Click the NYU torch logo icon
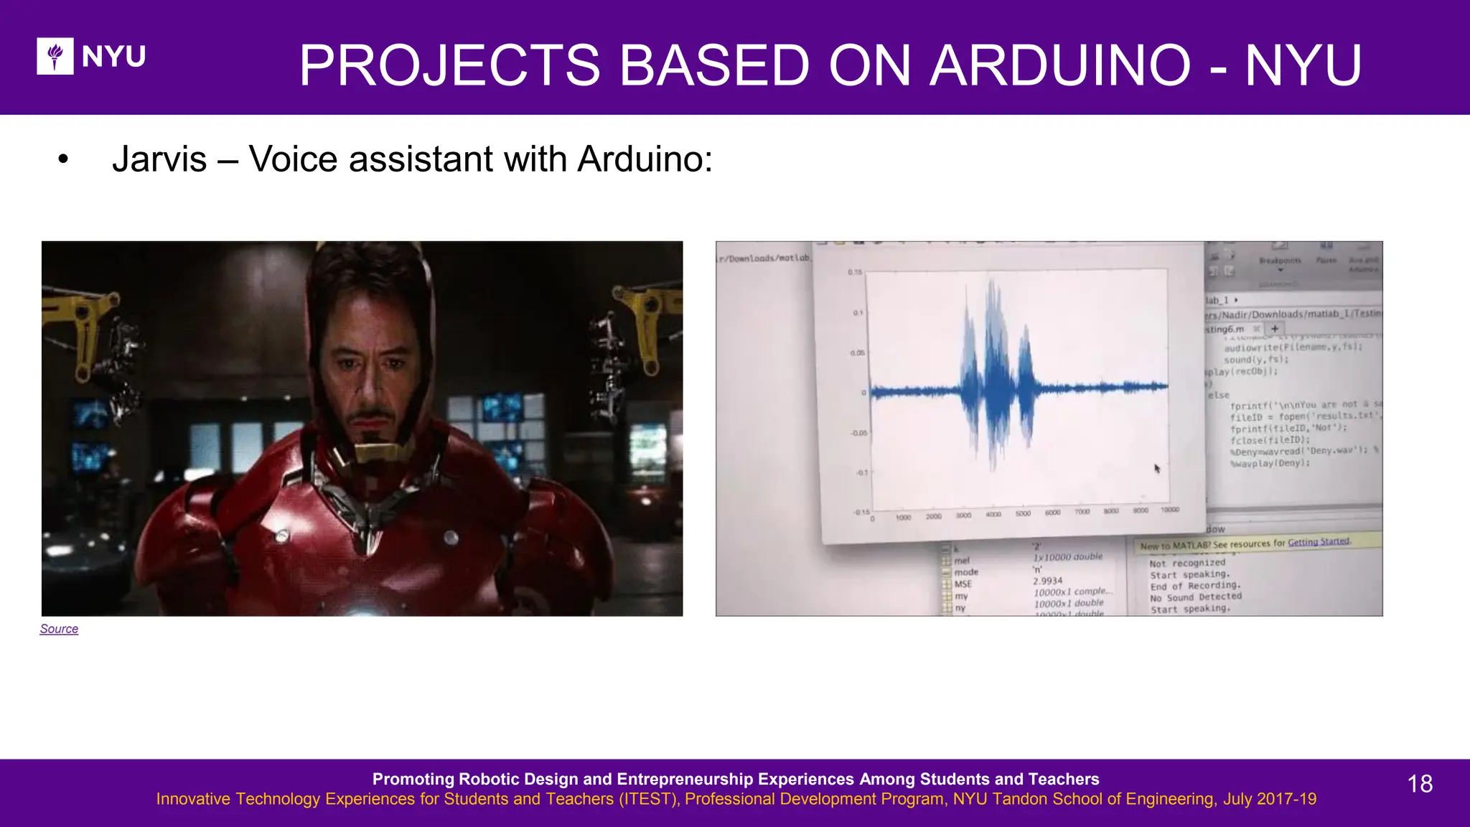(55, 56)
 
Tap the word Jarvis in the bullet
(159, 159)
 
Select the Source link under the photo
(59, 629)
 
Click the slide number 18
(1420, 783)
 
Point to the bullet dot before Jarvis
(63, 160)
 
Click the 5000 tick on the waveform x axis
(1023, 513)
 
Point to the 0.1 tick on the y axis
(858, 313)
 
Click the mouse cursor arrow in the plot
(1157, 468)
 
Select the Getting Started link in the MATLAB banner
(1319, 542)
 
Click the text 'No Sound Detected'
(1195, 597)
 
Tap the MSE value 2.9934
(1047, 581)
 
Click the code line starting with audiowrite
(1292, 347)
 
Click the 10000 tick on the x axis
(1169, 510)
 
